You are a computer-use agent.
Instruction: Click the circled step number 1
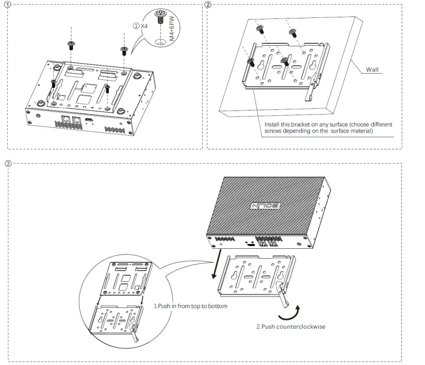tap(7, 5)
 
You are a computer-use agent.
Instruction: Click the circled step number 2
tap(209, 5)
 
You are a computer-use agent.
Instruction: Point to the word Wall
tap(373, 69)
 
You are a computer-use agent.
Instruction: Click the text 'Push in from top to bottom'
tap(191, 306)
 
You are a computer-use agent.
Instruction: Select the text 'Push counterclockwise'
tap(291, 327)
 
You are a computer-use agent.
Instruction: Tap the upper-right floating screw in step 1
tap(124, 50)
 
